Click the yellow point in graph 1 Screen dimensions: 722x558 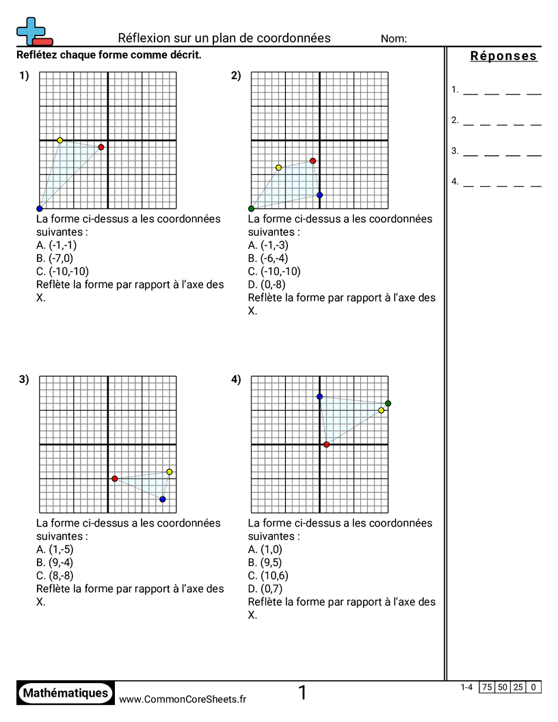pyautogui.click(x=60, y=140)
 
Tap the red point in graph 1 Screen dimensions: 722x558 pyautogui.click(x=101, y=147)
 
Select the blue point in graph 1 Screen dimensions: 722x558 pyautogui.click(x=40, y=209)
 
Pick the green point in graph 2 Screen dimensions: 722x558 pyautogui.click(x=252, y=209)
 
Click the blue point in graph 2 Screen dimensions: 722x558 pyautogui.click(x=319, y=195)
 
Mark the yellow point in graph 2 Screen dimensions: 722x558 pyautogui.click(x=278, y=168)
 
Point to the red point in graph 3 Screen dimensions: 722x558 pyautogui.click(x=114, y=479)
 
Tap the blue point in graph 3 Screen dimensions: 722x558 pyautogui.click(x=162, y=499)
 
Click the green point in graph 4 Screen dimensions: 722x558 pyautogui.click(x=388, y=403)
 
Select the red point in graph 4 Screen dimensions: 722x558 pyautogui.click(x=326, y=444)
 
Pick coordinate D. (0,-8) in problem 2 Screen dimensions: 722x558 pyautogui.click(x=267, y=284)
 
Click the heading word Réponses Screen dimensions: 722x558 pyautogui.click(x=504, y=56)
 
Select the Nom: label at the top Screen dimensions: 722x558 pyautogui.click(x=394, y=39)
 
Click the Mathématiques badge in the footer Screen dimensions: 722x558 pyautogui.click(x=66, y=693)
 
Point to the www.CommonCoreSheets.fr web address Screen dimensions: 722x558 pyautogui.click(x=183, y=699)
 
